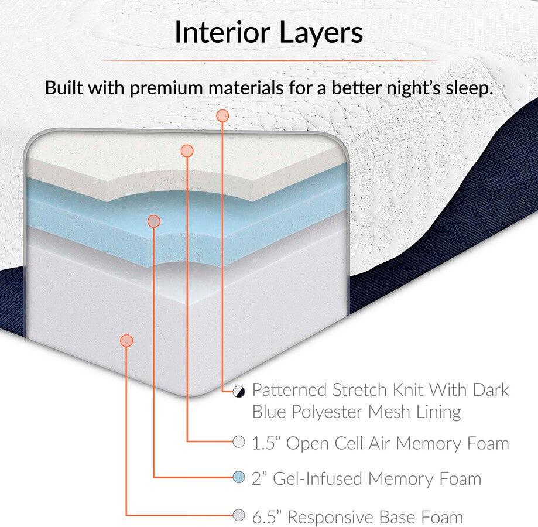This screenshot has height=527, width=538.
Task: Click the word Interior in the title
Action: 222,32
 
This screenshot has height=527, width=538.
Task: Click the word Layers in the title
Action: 321,33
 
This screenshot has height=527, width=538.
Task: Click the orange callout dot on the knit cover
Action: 222,115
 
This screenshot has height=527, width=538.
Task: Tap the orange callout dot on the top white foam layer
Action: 187,150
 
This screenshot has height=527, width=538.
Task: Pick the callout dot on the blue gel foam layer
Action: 154,221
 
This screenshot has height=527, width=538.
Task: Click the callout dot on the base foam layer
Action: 126,340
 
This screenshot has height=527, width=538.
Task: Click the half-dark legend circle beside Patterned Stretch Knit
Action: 239,391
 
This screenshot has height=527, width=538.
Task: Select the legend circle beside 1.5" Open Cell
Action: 239,442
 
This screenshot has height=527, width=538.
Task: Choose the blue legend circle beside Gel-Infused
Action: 239,477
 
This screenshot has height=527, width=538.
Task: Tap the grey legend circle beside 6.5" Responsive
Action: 239,515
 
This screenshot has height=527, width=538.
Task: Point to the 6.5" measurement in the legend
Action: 266,516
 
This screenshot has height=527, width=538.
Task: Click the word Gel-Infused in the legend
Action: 317,478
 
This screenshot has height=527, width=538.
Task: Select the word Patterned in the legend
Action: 290,390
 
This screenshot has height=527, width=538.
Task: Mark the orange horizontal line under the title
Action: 269,61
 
